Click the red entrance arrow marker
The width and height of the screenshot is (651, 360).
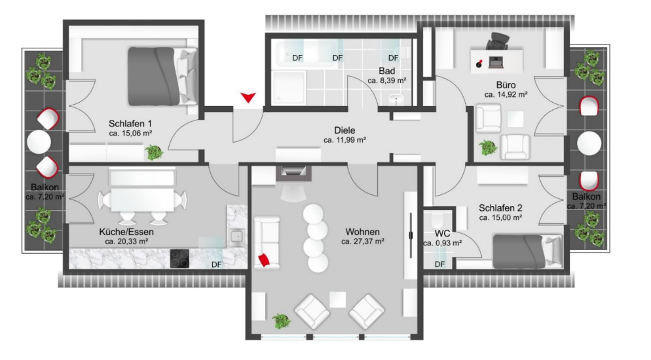click(x=248, y=98)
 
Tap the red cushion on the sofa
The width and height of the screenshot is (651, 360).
click(x=264, y=260)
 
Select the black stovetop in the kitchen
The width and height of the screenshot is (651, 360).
click(x=179, y=259)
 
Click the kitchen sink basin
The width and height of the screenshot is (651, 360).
click(x=237, y=237)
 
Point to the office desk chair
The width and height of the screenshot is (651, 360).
click(x=498, y=41)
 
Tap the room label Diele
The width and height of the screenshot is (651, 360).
click(x=344, y=131)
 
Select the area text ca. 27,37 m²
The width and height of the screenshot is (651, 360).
click(x=362, y=242)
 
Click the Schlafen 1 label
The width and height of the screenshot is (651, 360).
click(x=130, y=124)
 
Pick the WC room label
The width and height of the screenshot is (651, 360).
click(x=442, y=234)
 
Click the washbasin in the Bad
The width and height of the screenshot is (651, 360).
click(x=396, y=99)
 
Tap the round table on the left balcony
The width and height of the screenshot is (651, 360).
click(x=39, y=142)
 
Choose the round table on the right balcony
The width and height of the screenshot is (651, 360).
click(x=589, y=143)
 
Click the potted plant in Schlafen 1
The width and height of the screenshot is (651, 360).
click(x=154, y=153)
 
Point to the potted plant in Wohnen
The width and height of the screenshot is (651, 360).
click(x=281, y=321)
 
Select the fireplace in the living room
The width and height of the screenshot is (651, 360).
click(x=293, y=173)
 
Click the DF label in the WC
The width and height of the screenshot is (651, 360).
click(x=439, y=264)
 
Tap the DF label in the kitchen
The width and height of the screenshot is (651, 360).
click(x=216, y=264)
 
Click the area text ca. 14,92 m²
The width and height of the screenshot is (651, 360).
click(x=506, y=94)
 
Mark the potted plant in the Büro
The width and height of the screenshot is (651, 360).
click(x=487, y=148)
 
